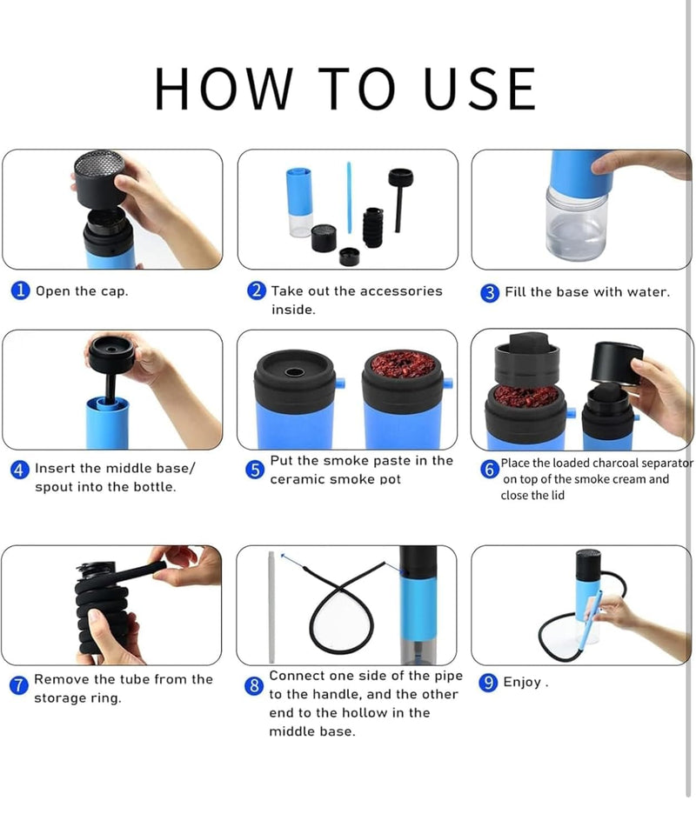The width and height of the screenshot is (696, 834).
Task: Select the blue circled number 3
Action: point(490,293)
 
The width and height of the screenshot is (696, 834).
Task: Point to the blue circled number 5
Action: point(255,470)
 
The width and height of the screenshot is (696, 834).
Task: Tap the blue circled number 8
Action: point(254,685)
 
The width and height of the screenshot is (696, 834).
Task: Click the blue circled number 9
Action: point(489,683)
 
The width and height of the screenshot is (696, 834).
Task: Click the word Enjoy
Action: point(523,683)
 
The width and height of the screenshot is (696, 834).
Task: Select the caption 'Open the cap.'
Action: point(81,291)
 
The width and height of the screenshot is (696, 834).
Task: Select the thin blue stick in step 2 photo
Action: point(349,196)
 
